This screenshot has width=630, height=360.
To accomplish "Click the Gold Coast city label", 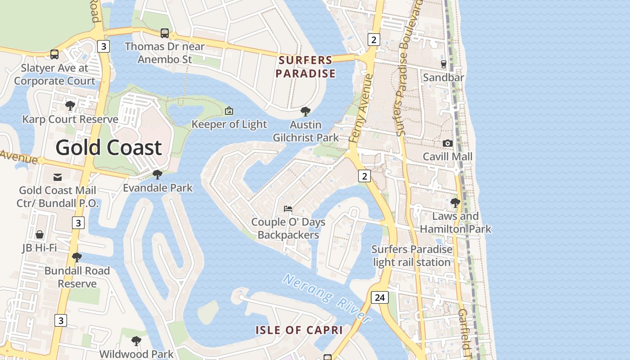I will (108, 148).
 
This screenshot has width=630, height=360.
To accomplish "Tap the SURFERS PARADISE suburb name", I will (306, 67).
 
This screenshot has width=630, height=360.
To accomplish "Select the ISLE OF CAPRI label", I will (299, 330).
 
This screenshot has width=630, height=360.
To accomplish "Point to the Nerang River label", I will (327, 298).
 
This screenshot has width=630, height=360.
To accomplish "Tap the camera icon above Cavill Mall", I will (447, 143).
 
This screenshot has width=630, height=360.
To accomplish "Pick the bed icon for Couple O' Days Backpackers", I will (288, 208).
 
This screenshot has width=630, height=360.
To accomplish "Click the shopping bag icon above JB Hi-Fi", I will (40, 234).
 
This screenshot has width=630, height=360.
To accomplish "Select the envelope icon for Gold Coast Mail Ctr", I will (58, 177).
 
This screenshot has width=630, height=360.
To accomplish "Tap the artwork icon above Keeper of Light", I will (229, 111).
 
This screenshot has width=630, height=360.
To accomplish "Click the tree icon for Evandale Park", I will (157, 174).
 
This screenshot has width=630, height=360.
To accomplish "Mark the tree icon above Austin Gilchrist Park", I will (306, 111).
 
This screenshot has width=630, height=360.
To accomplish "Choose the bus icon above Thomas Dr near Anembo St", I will (165, 33).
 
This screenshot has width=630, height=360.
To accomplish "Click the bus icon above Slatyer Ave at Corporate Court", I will (54, 54).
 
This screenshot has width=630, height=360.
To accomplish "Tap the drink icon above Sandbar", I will (443, 64).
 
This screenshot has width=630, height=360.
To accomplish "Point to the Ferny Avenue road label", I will (362, 108).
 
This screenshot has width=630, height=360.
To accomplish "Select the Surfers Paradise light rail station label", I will (412, 256).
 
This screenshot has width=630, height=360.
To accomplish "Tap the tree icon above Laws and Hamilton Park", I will (455, 202).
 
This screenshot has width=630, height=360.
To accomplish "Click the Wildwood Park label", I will (136, 354).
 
